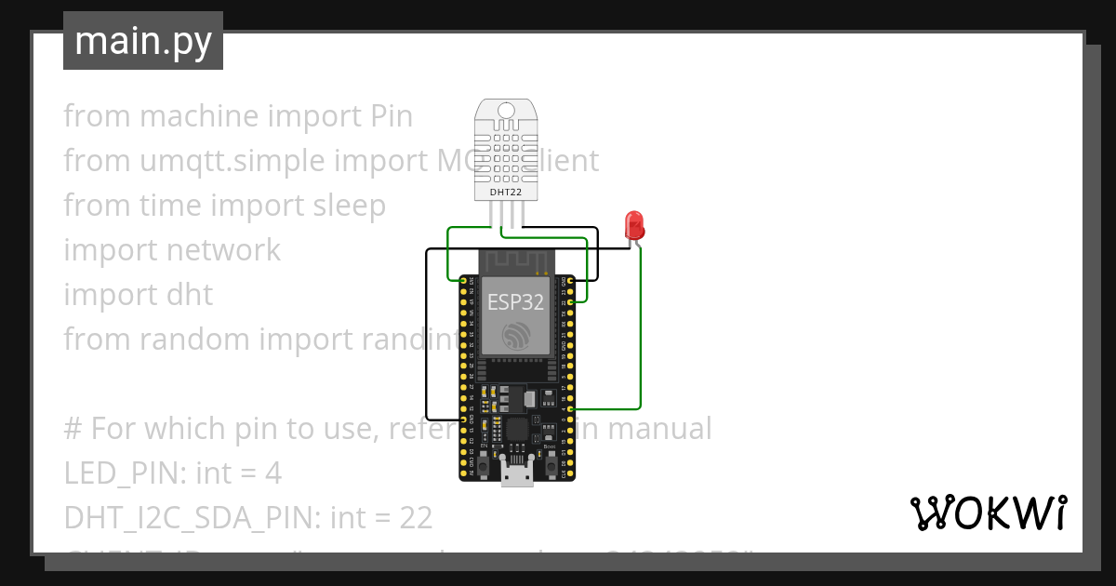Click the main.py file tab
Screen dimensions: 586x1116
[x=142, y=41]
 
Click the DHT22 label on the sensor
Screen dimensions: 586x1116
[x=507, y=192]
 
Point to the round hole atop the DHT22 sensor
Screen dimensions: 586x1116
[x=507, y=111]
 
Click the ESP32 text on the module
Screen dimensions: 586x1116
[x=516, y=300]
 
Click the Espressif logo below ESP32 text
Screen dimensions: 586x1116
[x=516, y=337]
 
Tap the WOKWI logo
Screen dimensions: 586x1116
[x=988, y=513]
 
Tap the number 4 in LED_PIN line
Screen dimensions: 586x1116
[x=272, y=473]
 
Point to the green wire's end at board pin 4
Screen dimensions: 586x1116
[x=571, y=408]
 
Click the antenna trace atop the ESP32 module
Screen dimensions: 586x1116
[x=516, y=261]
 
